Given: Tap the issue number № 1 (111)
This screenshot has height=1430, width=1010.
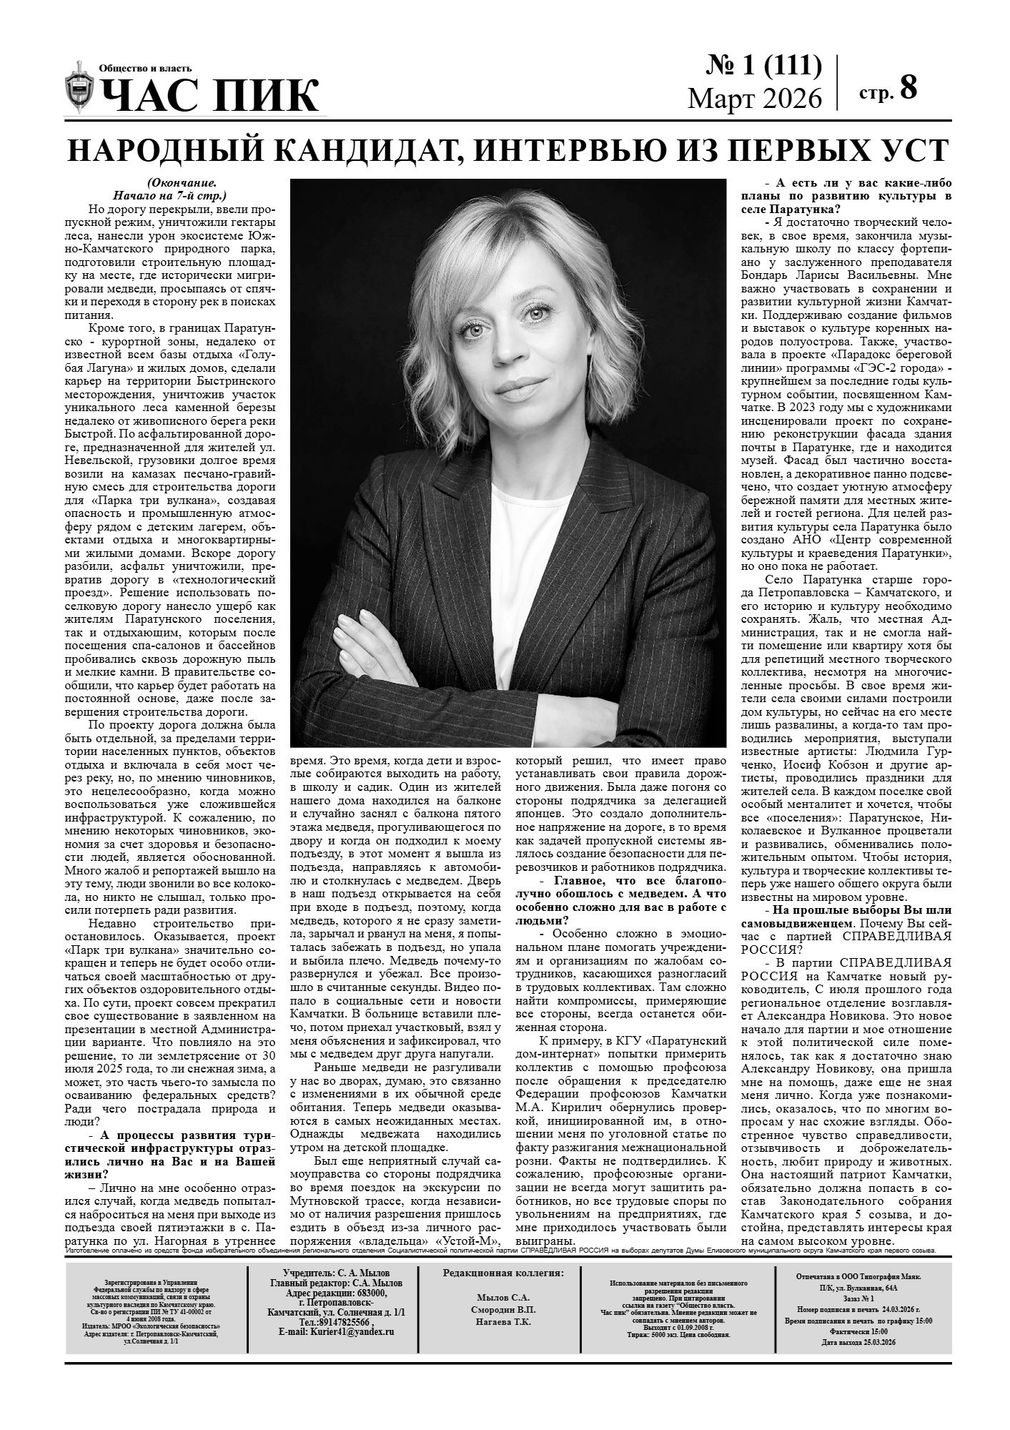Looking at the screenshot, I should tap(763, 66).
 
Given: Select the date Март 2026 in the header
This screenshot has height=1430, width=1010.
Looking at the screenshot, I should tap(755, 98).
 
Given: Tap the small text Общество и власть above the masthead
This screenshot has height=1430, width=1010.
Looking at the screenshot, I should tap(145, 69).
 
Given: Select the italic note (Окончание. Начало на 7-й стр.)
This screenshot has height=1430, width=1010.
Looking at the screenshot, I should tap(169, 189).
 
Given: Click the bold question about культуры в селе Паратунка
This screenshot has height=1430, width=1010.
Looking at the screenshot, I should tap(847, 196).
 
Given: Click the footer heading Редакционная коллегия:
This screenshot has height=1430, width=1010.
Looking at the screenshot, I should tap(502, 1273).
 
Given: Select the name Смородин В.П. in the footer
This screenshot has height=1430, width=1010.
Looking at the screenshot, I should tap(502, 1310).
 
